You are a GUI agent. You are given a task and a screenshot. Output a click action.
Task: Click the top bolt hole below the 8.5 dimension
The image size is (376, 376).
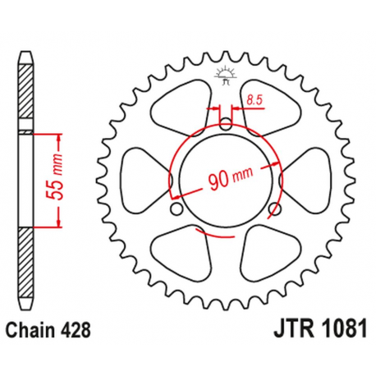pyautogui.click(x=226, y=125)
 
